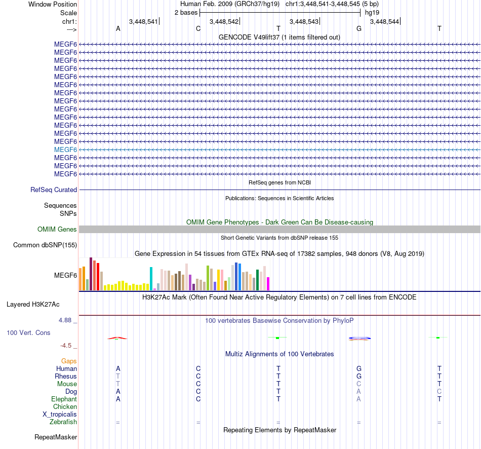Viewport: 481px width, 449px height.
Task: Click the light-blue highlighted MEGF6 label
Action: click(x=65, y=149)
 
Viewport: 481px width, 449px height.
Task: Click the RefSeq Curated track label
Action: click(x=54, y=190)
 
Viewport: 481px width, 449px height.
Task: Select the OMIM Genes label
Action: click(x=57, y=230)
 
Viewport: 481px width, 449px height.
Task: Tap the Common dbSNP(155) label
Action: click(x=45, y=245)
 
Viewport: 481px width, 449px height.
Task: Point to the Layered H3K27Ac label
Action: click(x=33, y=305)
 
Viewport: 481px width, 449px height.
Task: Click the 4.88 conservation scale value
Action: click(x=66, y=320)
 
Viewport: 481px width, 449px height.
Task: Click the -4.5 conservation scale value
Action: click(x=66, y=346)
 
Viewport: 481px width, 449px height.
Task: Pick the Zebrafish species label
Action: click(x=63, y=422)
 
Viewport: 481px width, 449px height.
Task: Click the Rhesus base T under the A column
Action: click(x=118, y=377)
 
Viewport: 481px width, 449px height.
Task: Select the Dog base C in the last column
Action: click(x=439, y=392)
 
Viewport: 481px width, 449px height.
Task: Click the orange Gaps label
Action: click(x=69, y=361)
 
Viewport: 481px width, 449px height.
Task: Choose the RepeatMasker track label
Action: click(x=56, y=437)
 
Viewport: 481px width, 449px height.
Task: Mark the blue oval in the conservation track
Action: click(x=359, y=338)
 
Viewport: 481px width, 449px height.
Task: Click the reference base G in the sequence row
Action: click(x=359, y=28)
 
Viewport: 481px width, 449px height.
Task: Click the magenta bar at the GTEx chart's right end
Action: click(x=268, y=284)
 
